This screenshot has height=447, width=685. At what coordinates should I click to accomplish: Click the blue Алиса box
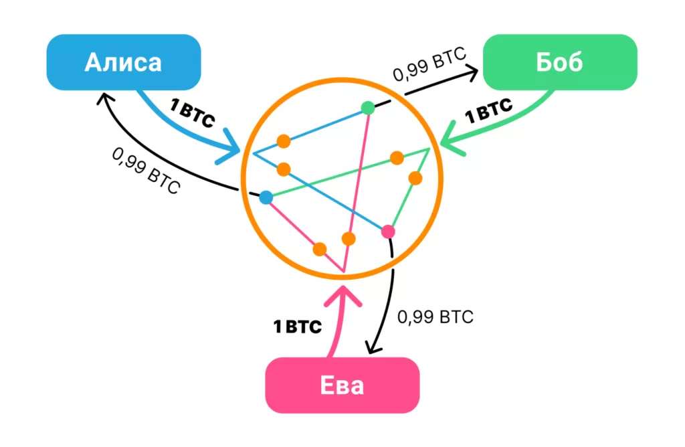(123, 62)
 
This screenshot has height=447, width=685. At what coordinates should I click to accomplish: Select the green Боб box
(559, 62)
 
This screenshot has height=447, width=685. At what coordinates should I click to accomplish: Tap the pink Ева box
(342, 386)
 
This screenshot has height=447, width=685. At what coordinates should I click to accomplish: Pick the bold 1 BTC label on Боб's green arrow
(489, 110)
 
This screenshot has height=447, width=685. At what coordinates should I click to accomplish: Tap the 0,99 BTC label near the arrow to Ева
(435, 317)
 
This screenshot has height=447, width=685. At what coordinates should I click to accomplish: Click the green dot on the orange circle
(367, 107)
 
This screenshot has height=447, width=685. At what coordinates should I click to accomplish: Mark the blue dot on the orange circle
(266, 197)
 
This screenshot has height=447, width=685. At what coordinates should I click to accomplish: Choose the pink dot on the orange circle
(388, 232)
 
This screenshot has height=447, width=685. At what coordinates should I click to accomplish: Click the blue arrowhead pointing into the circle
(234, 148)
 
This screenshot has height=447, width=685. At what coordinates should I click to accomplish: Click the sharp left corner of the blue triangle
(254, 153)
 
